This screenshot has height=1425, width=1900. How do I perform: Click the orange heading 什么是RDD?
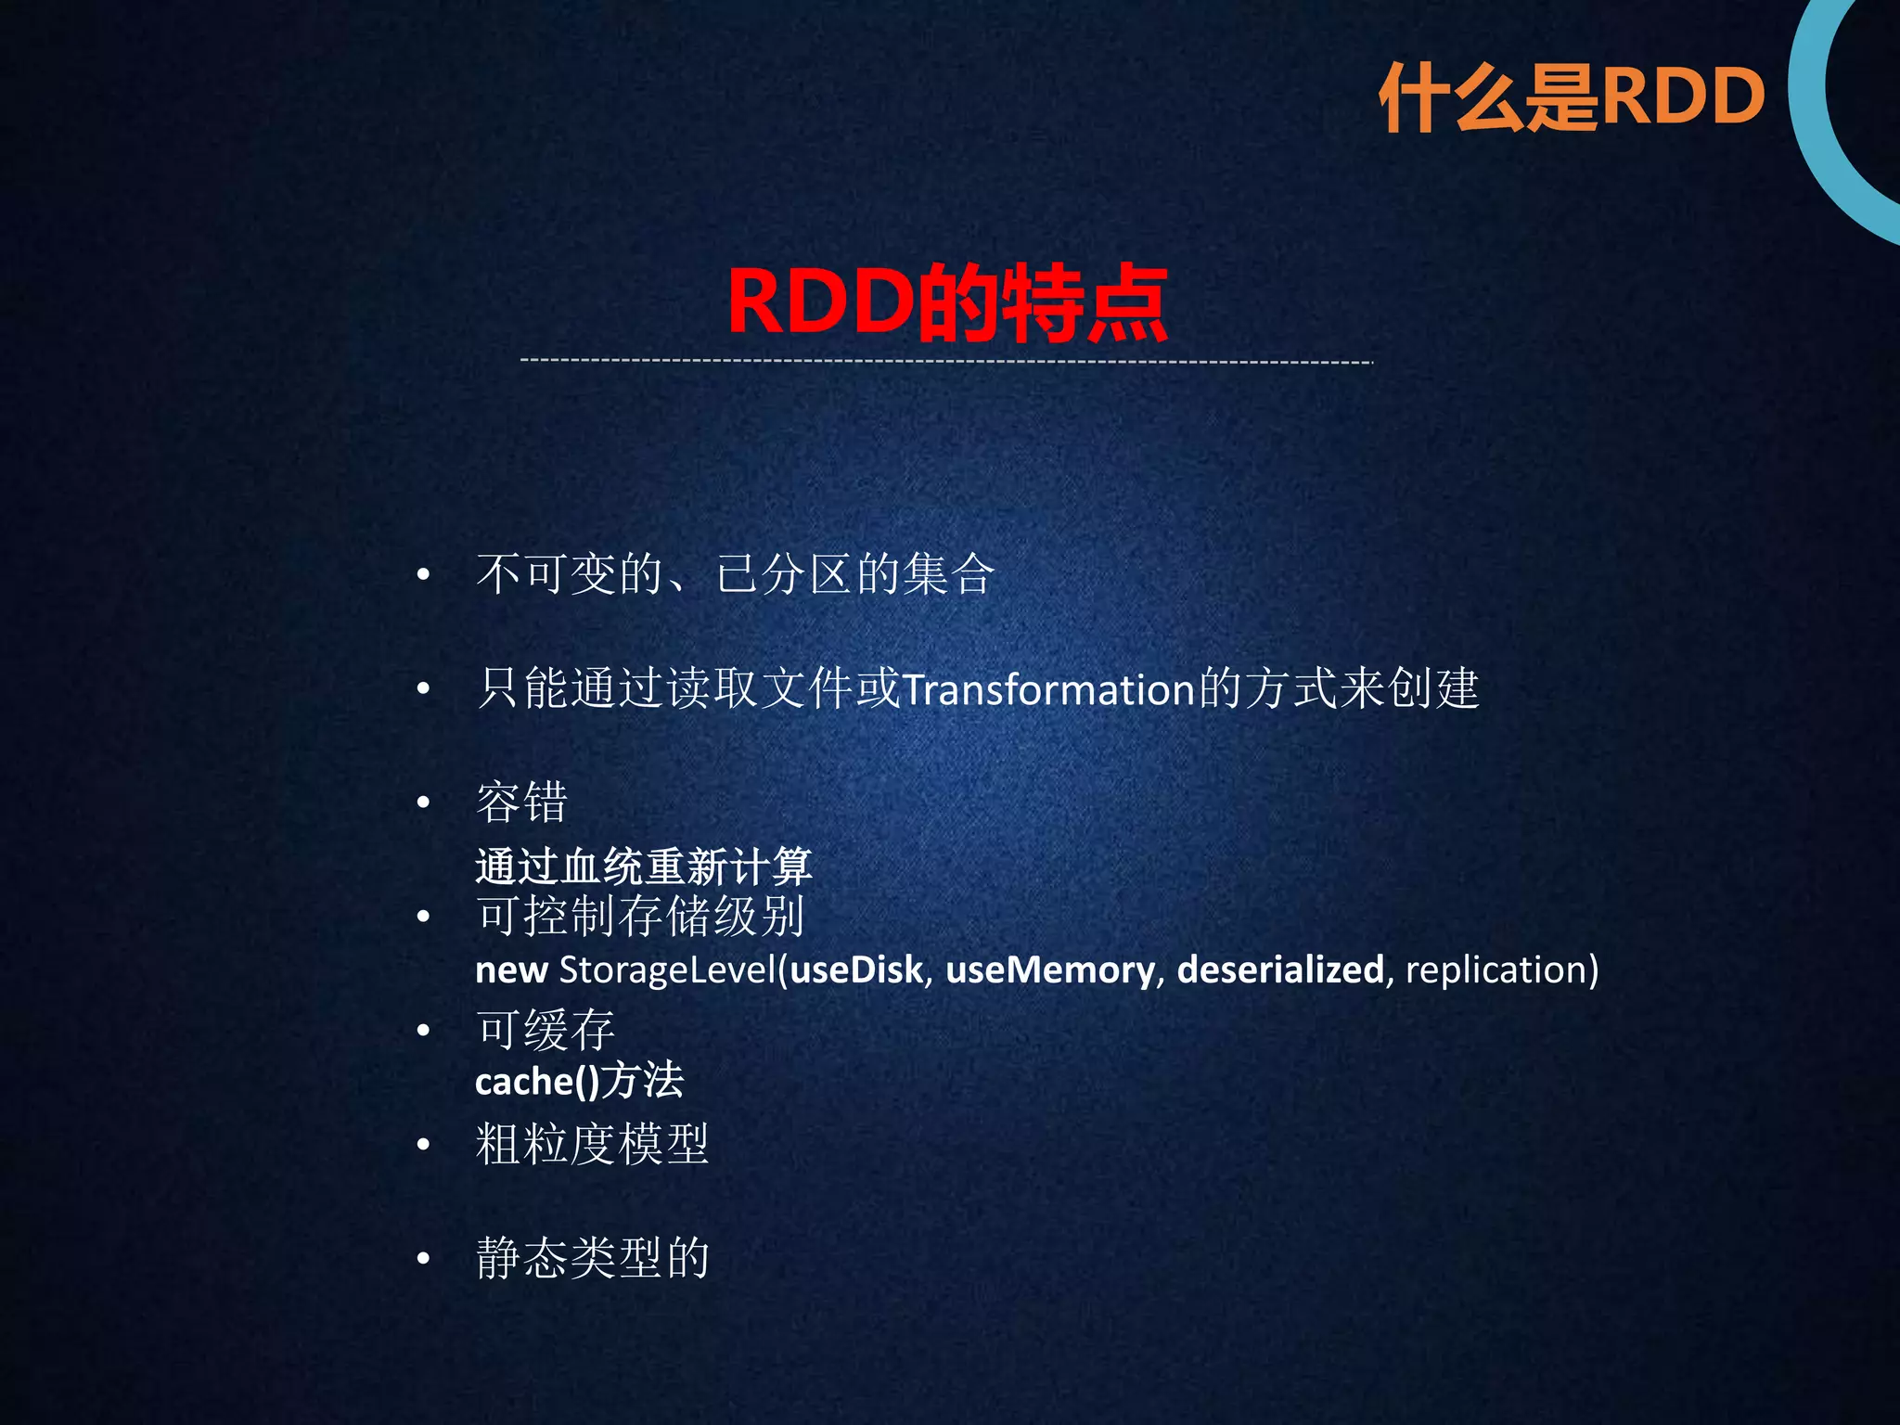(1572, 97)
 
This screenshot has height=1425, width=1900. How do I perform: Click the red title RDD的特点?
(946, 302)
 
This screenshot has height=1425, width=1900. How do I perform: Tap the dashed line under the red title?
(946, 361)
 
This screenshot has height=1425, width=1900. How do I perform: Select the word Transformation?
(1048, 690)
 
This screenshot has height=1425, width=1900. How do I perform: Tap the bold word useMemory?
(1050, 969)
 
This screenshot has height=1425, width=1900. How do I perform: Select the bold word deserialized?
(1280, 969)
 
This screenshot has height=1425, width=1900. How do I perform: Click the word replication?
(1496, 969)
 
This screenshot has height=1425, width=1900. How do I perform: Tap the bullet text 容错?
(521, 802)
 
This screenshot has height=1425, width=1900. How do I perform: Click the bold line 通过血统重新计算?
(643, 867)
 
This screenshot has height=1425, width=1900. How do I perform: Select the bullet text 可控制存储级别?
(640, 917)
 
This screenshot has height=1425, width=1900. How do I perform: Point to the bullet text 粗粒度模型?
(592, 1144)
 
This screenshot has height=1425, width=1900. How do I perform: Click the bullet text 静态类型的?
(592, 1259)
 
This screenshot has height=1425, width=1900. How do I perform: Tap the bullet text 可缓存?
(546, 1030)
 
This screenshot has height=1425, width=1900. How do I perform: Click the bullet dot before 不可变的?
(424, 575)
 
